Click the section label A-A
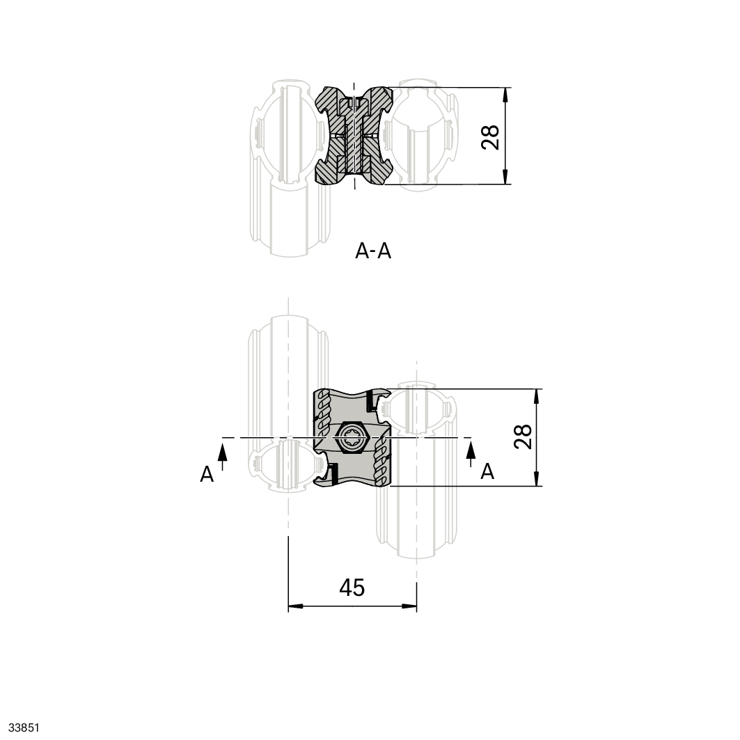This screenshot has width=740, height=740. click(x=373, y=251)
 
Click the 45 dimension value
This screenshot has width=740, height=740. click(x=352, y=588)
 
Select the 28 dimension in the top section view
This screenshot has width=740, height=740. click(x=490, y=137)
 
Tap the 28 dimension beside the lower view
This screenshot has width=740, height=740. click(x=523, y=436)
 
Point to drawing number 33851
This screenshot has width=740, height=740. click(x=24, y=727)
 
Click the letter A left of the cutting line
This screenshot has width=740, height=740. click(x=207, y=474)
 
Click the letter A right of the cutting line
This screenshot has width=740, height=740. click(x=487, y=471)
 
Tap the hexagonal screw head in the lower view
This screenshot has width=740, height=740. click(x=350, y=437)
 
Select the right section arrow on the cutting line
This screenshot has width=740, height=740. click(x=471, y=452)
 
